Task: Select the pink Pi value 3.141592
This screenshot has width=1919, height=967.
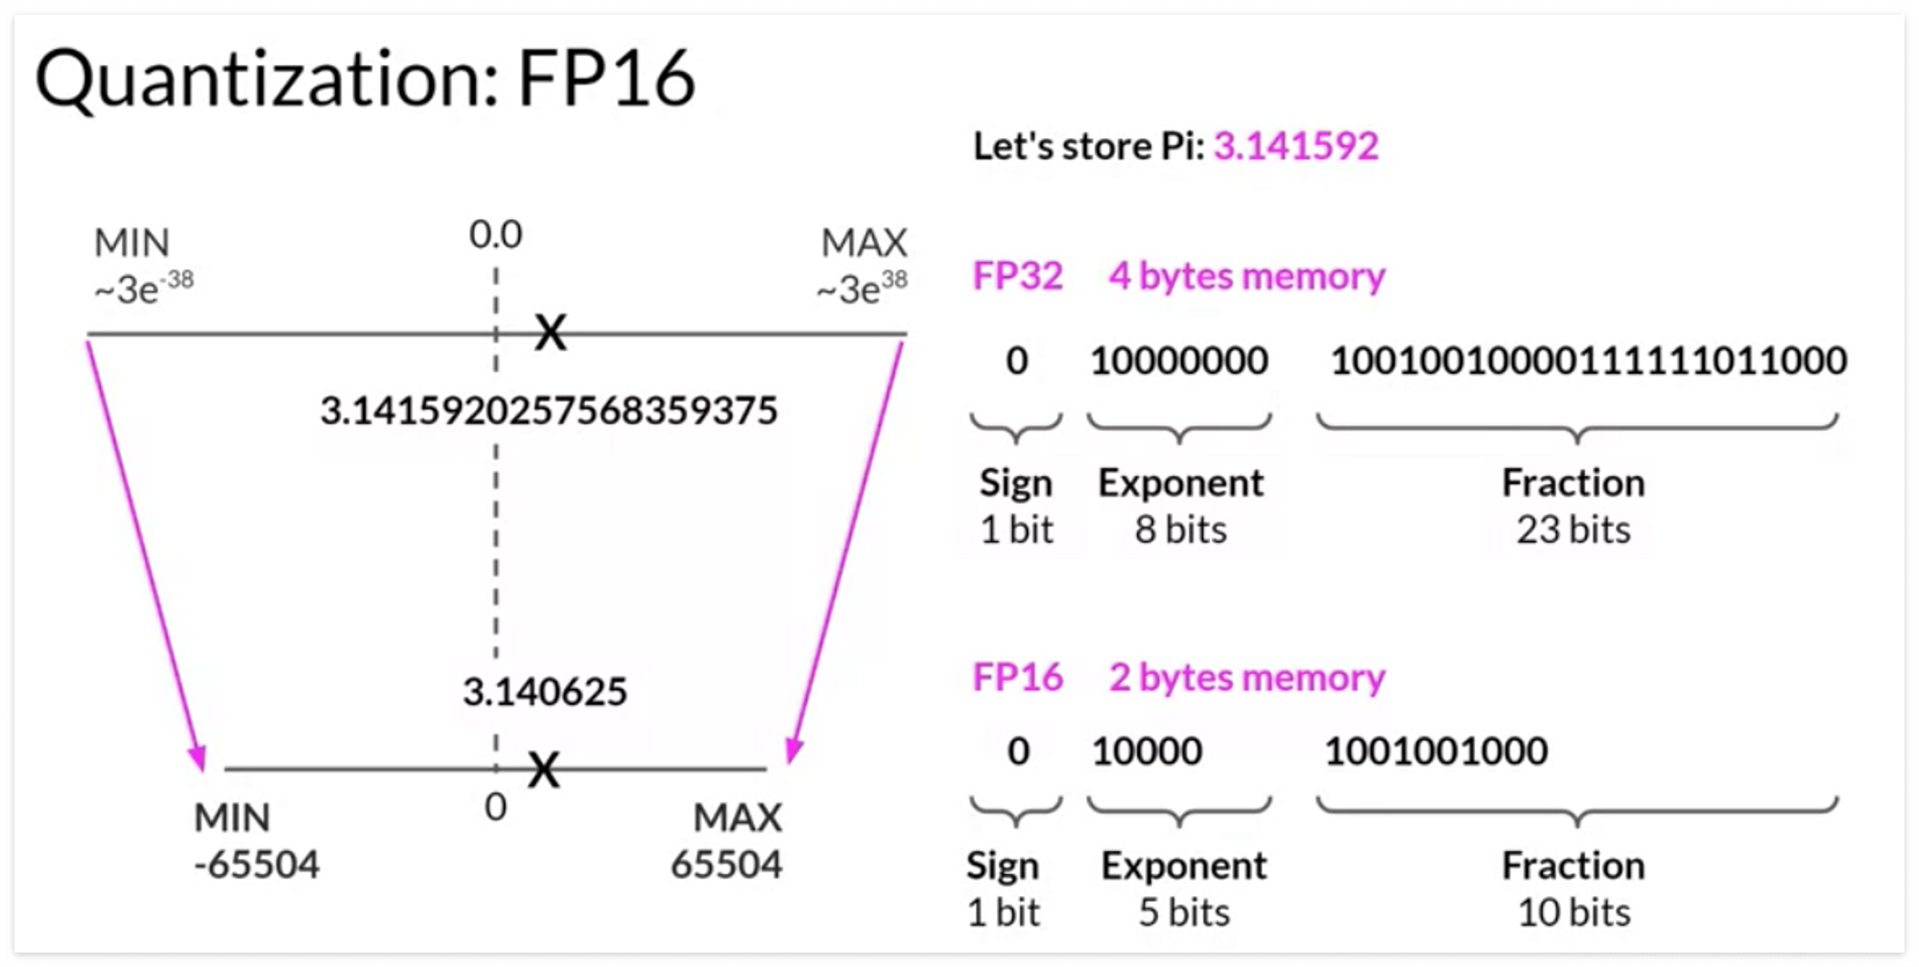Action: tap(1295, 146)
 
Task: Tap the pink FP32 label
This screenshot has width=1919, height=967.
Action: tap(1017, 276)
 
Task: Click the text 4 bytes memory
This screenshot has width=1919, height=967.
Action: tap(1246, 276)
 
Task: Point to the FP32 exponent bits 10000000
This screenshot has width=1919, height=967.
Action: tap(1178, 361)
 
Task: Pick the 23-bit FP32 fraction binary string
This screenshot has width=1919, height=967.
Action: tap(1588, 361)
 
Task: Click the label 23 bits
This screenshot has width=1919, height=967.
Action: tap(1573, 530)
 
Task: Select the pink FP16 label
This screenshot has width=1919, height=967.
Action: tap(1017, 677)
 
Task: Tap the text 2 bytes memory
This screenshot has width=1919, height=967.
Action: tap(1246, 677)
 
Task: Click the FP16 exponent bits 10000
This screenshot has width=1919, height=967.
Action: tap(1147, 751)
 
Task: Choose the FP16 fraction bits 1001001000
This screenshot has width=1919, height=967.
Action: tap(1435, 751)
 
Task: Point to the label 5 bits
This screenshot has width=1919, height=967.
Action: tap(1183, 912)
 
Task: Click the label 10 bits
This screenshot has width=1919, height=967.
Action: tap(1573, 912)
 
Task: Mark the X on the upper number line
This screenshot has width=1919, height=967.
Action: tap(550, 333)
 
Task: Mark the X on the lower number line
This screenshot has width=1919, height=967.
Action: tap(543, 768)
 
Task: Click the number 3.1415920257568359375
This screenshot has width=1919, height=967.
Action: tap(548, 411)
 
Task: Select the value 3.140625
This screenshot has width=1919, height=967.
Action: tap(544, 692)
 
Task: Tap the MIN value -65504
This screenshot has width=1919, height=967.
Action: tap(256, 864)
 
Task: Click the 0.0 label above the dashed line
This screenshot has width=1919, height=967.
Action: tap(495, 234)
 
